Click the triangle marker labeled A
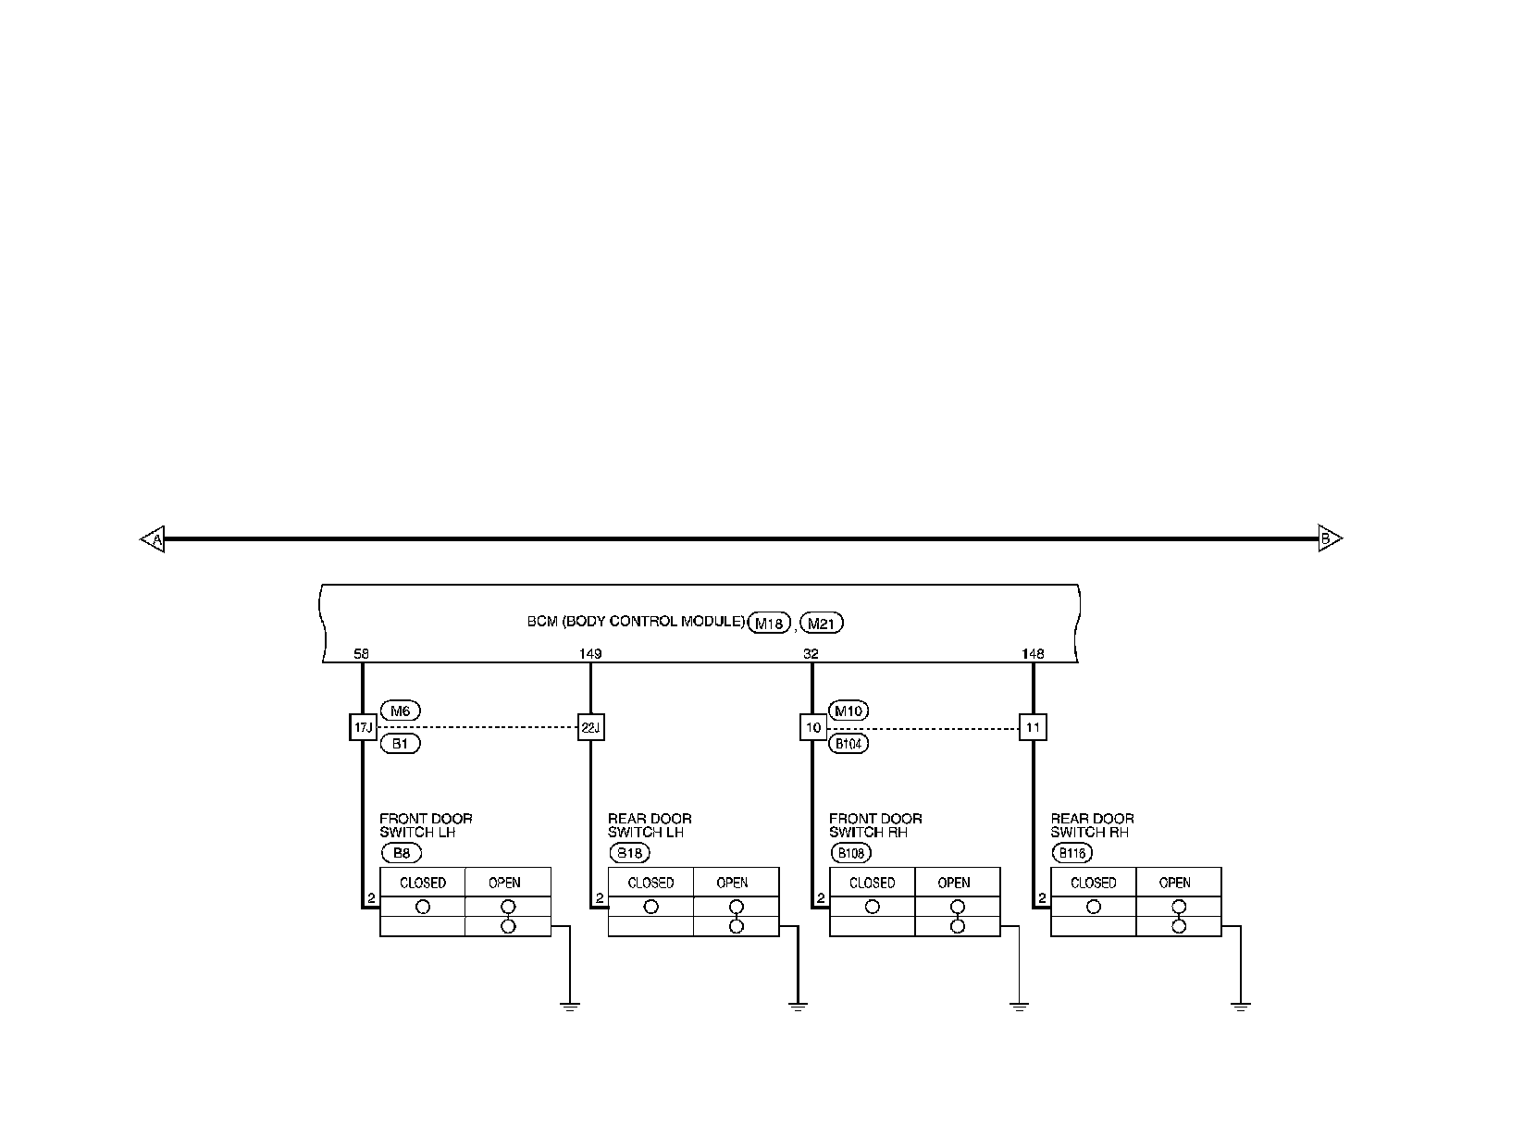(154, 538)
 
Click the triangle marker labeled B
(1329, 538)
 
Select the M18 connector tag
(770, 624)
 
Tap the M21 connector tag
(822, 624)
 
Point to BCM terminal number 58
(361, 654)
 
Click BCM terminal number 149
(590, 654)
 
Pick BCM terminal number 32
(811, 654)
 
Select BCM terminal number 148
(1033, 654)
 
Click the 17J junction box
(362, 727)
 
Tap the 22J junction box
(590, 727)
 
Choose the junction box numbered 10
(812, 727)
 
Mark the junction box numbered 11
(1033, 727)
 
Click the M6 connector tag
(400, 711)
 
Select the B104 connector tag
(849, 743)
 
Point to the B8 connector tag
(400, 854)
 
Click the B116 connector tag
(1071, 854)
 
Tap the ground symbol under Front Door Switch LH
(569, 1006)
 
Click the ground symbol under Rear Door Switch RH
(1240, 1006)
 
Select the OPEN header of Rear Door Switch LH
(733, 883)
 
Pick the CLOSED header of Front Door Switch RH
(872, 883)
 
